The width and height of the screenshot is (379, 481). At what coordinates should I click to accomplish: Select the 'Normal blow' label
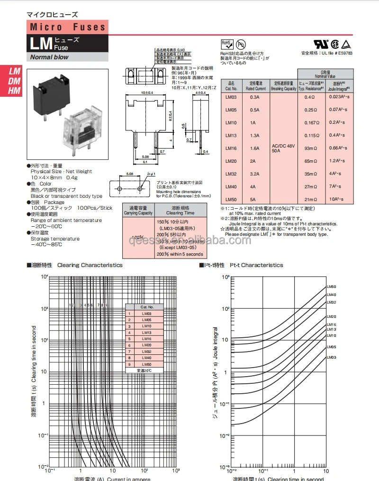coord(50,57)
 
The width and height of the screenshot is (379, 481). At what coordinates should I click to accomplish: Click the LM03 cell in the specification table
coord(231,97)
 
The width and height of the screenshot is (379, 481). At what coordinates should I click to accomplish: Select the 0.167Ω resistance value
coord(310,122)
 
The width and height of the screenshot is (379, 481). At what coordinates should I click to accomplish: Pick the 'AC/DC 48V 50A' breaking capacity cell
coord(284,148)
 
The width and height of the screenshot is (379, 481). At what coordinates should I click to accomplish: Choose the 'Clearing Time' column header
coord(180,210)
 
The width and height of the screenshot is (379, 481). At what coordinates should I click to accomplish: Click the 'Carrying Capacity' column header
coord(138,210)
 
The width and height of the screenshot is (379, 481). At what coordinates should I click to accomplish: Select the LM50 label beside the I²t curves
coord(331,287)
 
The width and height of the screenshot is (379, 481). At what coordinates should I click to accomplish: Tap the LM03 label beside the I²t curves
coord(331,357)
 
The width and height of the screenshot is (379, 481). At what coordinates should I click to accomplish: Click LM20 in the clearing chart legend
coord(146,345)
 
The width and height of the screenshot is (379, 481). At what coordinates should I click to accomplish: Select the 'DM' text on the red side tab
coord(14,81)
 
